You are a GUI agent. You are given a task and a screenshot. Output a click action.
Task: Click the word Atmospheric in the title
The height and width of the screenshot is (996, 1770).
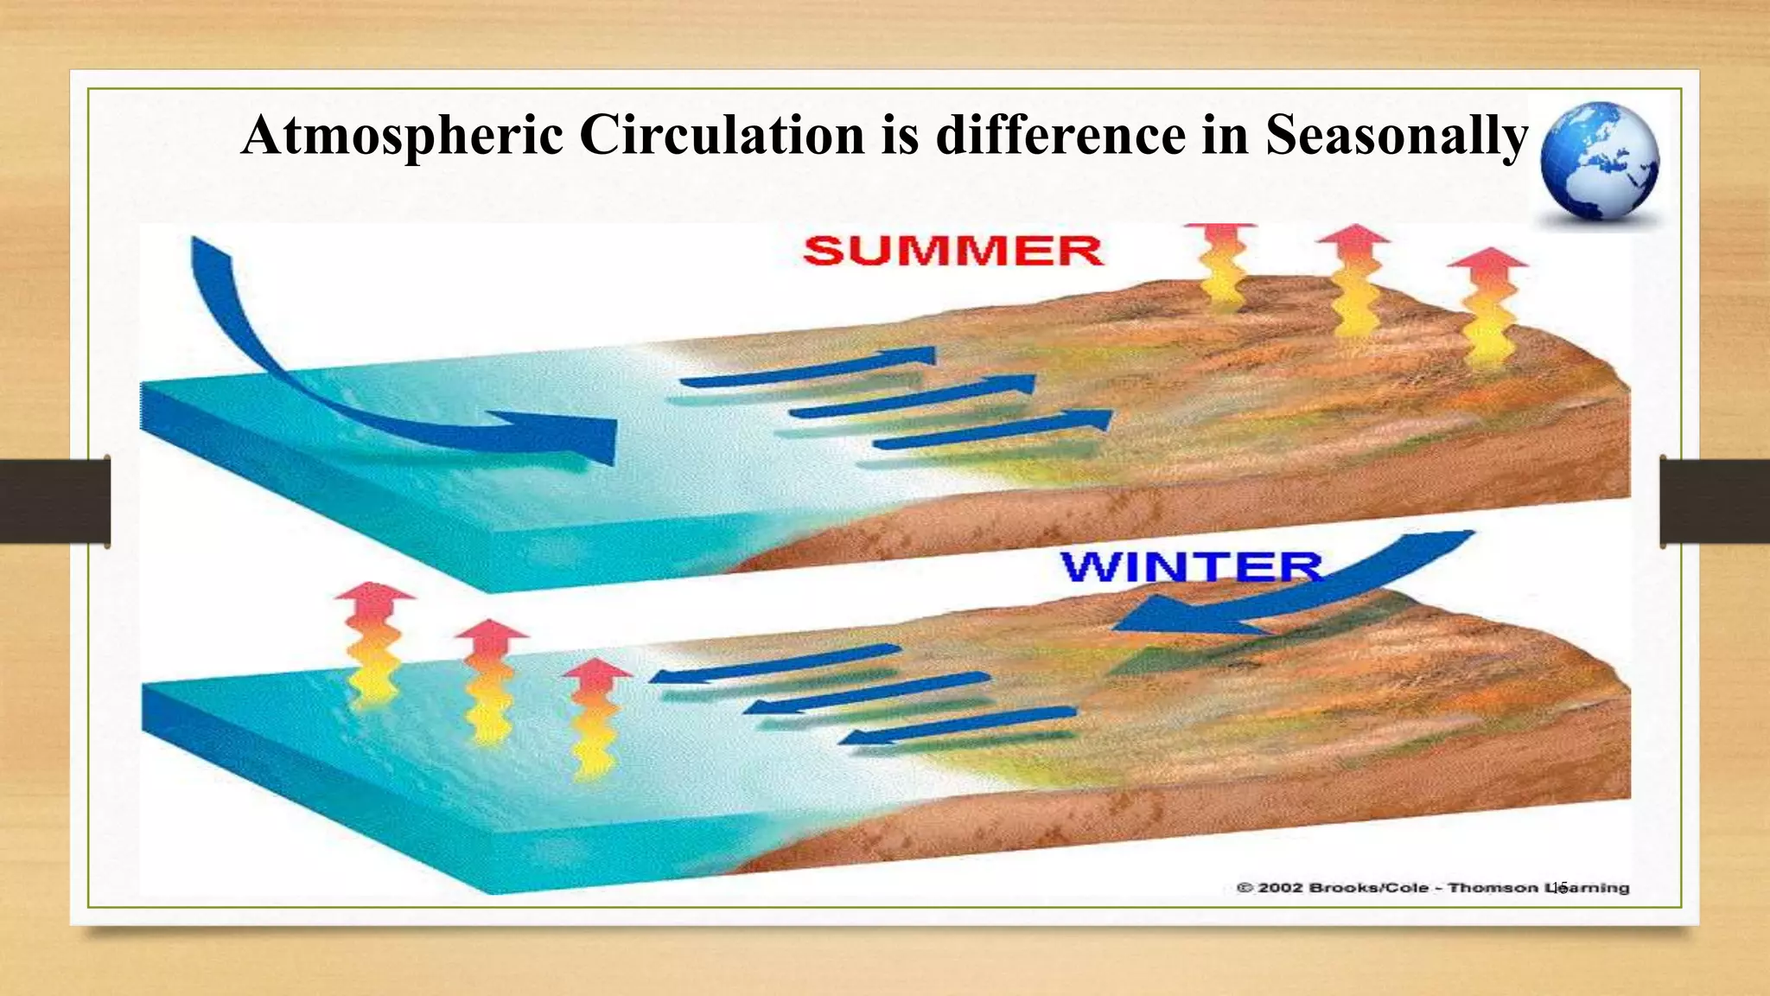click(x=402, y=137)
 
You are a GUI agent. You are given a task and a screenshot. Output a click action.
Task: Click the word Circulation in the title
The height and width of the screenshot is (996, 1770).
click(x=722, y=137)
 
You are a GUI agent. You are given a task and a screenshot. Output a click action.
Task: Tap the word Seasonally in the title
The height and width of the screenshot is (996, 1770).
click(x=1397, y=137)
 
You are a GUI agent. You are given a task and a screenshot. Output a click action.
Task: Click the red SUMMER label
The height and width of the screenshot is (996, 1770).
click(x=952, y=252)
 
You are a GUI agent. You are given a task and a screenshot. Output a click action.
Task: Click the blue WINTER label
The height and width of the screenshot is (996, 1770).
click(x=1191, y=568)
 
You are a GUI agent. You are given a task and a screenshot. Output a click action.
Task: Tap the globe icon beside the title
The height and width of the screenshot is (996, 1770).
click(x=1600, y=162)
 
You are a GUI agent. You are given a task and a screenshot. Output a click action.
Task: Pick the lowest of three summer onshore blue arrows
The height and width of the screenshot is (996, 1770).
click(x=994, y=431)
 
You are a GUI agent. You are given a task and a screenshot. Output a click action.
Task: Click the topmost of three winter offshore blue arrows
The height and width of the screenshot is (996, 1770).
click(x=774, y=665)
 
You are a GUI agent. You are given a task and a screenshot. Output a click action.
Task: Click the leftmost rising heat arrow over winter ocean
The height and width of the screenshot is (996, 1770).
click(x=373, y=640)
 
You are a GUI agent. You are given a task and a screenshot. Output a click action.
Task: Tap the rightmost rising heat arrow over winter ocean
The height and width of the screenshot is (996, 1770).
click(x=595, y=713)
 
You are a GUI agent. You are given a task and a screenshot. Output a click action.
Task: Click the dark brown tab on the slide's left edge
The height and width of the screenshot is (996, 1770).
click(x=54, y=501)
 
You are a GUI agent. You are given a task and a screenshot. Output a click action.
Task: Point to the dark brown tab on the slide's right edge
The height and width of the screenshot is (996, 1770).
click(x=1715, y=501)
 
